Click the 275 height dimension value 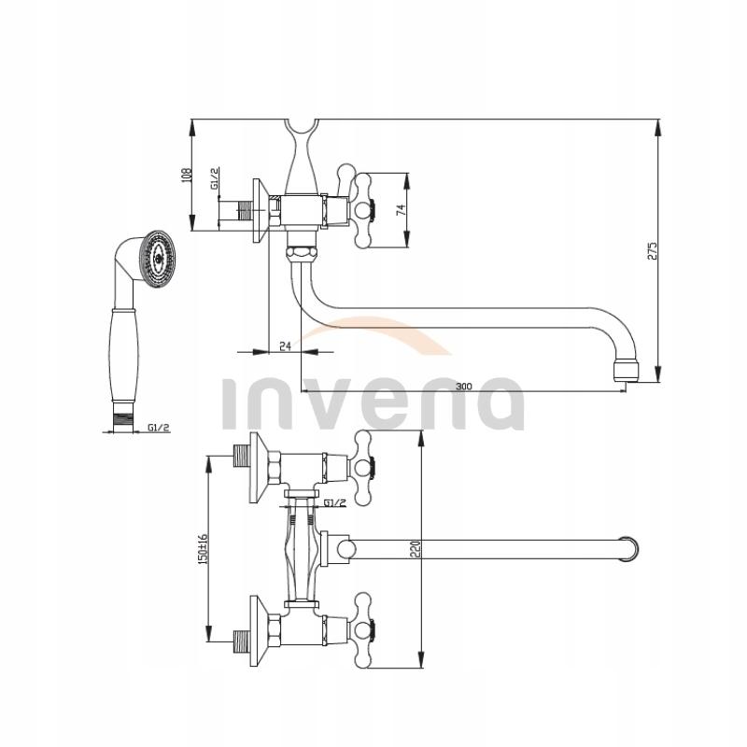(653, 249)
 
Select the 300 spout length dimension (463, 386)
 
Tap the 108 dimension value (186, 175)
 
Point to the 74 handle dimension (400, 210)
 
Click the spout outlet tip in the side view (624, 372)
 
